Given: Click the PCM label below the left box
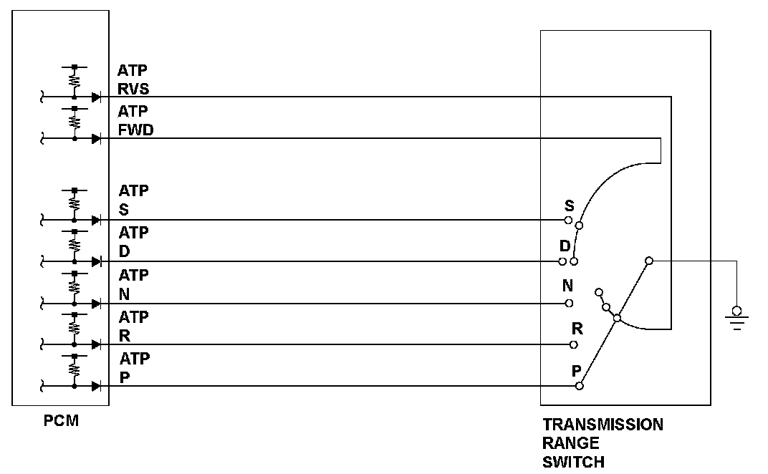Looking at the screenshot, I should point(61,420).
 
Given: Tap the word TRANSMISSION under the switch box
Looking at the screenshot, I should point(603,425).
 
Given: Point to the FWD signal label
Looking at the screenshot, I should point(136,131).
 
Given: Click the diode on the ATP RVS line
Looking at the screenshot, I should point(96,97).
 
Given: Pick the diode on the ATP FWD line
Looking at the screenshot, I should point(96,139).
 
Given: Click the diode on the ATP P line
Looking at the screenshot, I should point(96,387).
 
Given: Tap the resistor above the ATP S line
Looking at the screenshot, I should point(75,203).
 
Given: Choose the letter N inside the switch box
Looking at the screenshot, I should point(567,286).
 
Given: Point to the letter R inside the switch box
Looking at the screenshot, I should point(577,329).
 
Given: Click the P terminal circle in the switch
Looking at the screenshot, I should point(580,386).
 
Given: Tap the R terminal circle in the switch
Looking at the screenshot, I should point(574,344).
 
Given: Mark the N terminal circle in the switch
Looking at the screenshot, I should point(569,303).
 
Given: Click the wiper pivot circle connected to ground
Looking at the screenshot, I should point(648,261).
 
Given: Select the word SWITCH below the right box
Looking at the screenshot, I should point(573,462).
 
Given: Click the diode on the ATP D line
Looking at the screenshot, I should point(96,262).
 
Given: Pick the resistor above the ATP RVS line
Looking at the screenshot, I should point(75,80).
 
